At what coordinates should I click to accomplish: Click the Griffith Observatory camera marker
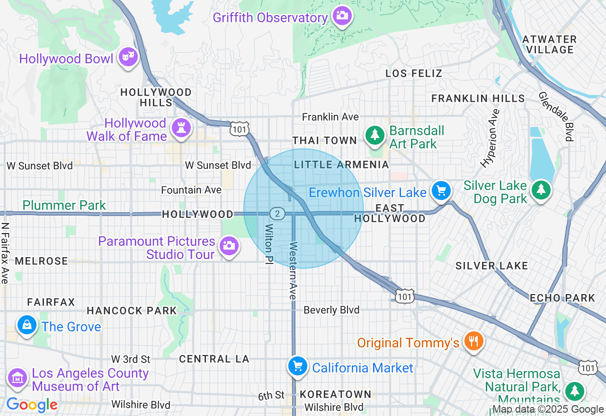click(x=341, y=16)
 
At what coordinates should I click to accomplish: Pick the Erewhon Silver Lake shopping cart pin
click(x=441, y=191)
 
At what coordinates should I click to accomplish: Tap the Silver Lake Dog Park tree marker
click(x=541, y=190)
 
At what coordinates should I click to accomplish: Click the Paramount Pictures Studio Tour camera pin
click(x=229, y=245)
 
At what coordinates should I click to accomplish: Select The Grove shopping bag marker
click(x=27, y=325)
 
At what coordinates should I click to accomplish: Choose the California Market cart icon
click(x=298, y=366)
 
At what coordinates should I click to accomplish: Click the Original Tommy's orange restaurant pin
click(x=472, y=340)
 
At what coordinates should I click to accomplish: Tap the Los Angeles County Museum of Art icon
click(x=18, y=378)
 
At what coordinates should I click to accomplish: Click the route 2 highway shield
click(x=277, y=214)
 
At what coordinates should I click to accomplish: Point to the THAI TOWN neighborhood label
click(x=324, y=140)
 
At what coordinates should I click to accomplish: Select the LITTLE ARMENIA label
click(x=341, y=165)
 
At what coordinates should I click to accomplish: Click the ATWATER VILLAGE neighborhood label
click(x=550, y=44)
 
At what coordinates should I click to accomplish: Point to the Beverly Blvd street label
click(x=331, y=310)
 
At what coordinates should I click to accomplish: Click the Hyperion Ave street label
click(x=490, y=139)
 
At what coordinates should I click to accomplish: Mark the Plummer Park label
click(x=64, y=205)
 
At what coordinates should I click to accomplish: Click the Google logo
click(x=32, y=405)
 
